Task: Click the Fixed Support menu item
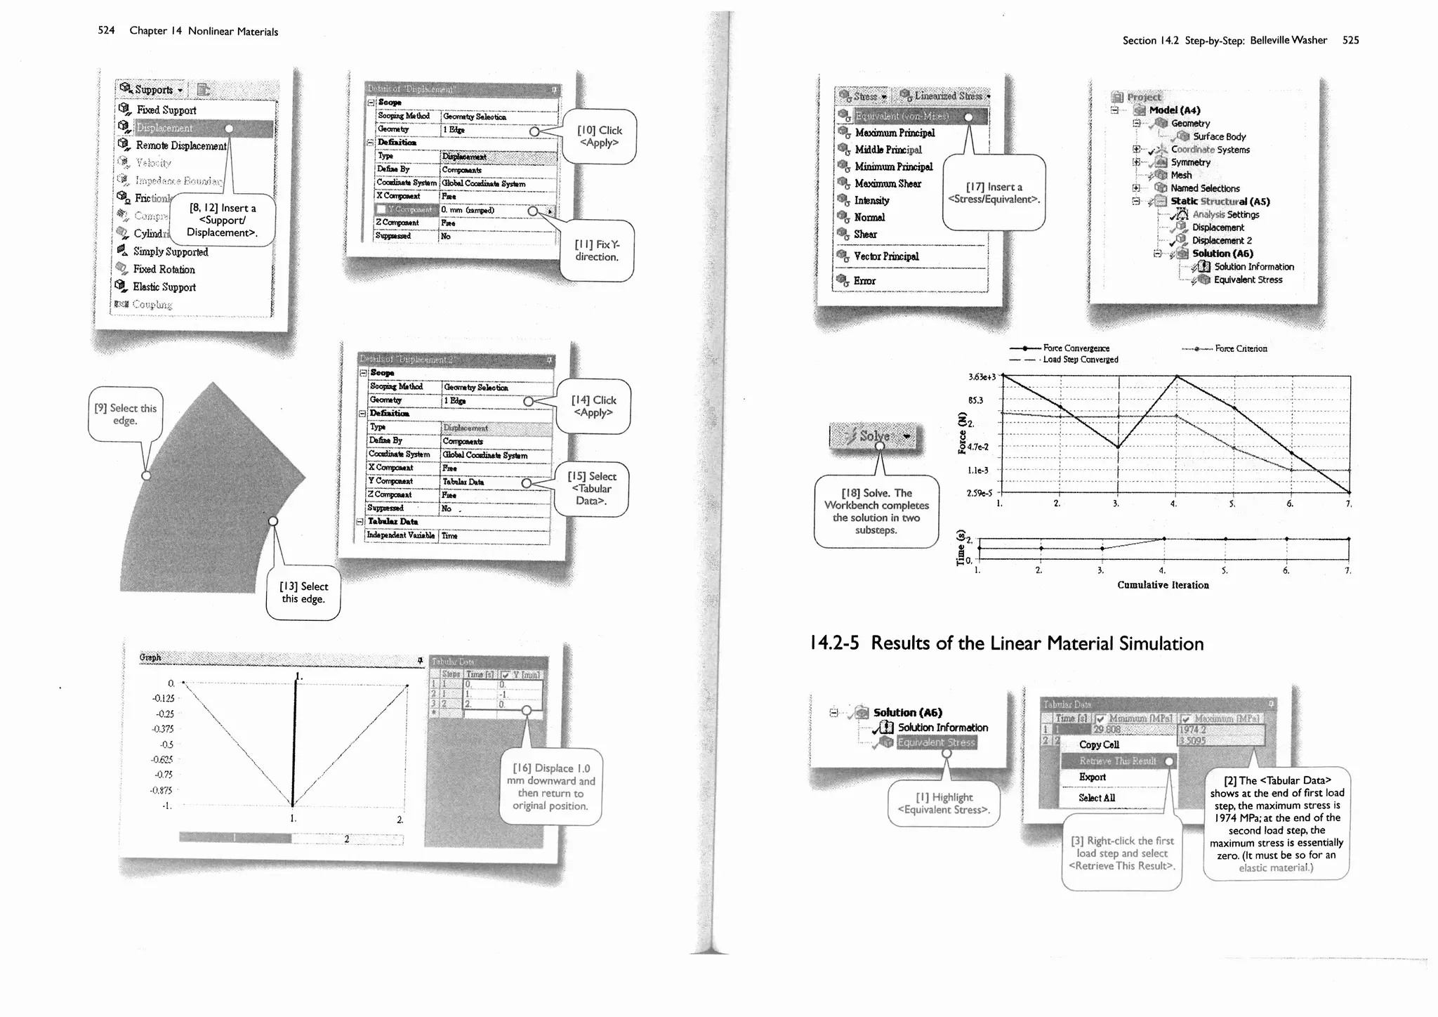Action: pyautogui.click(x=166, y=110)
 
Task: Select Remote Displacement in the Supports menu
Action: pyautogui.click(x=180, y=145)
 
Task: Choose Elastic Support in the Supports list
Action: pyautogui.click(x=164, y=287)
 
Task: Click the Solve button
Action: pyautogui.click(x=876, y=436)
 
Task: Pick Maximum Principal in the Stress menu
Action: pyautogui.click(x=895, y=133)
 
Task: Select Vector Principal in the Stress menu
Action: pyautogui.click(x=886, y=256)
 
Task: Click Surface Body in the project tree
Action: pyautogui.click(x=1219, y=136)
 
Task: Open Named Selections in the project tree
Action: pyautogui.click(x=1205, y=188)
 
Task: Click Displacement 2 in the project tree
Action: pyautogui.click(x=1222, y=240)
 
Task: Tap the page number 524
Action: pyautogui.click(x=106, y=30)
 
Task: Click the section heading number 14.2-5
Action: pyautogui.click(x=833, y=643)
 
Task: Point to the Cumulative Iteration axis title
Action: pyautogui.click(x=1163, y=585)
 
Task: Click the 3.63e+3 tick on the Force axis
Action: pyautogui.click(x=982, y=377)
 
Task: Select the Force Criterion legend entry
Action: pyautogui.click(x=1241, y=348)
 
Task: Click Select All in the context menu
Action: pyautogui.click(x=1096, y=798)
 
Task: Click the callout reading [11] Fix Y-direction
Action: pyautogui.click(x=597, y=251)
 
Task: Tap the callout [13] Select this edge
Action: pyautogui.click(x=303, y=593)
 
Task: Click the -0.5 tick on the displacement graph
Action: pyautogui.click(x=166, y=744)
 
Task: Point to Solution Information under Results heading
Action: pyautogui.click(x=942, y=728)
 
